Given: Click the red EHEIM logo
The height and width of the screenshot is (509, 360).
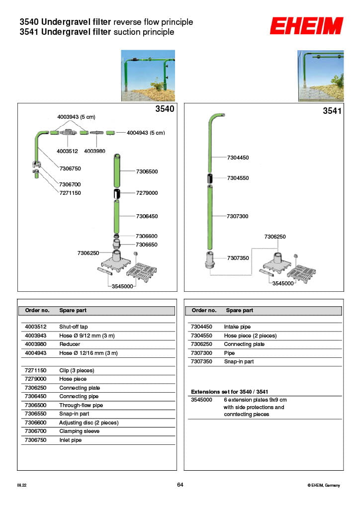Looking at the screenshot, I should pyautogui.click(x=306, y=26).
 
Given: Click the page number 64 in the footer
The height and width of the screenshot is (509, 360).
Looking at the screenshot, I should pyautogui.click(x=180, y=485).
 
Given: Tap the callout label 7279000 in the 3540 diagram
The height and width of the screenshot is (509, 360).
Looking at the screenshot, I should pyautogui.click(x=147, y=193).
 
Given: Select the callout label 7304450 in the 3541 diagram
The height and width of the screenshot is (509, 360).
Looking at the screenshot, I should pyautogui.click(x=238, y=158).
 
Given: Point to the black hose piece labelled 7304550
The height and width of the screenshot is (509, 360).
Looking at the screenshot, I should pyautogui.click(x=210, y=178).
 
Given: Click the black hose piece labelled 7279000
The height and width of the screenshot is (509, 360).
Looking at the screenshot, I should pyautogui.click(x=116, y=193).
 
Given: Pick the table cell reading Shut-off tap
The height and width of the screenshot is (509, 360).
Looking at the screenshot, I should pyautogui.click(x=73, y=327).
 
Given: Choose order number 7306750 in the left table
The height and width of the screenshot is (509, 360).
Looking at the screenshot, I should pyautogui.click(x=36, y=440).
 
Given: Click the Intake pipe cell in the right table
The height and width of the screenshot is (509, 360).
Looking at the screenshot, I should pyautogui.click(x=237, y=327).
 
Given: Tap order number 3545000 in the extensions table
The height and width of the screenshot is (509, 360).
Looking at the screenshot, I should pyautogui.click(x=202, y=400).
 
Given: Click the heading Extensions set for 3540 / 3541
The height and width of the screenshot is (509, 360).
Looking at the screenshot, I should pyautogui.click(x=229, y=392).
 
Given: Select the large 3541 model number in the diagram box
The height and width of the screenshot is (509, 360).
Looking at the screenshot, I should pyautogui.click(x=332, y=111).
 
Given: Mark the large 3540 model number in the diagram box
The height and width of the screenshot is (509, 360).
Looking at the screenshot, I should pyautogui.click(x=165, y=108).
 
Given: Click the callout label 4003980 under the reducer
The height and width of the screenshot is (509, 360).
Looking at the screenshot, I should pyautogui.click(x=94, y=151).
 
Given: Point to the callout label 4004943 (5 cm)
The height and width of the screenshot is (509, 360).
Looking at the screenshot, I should pyautogui.click(x=146, y=133).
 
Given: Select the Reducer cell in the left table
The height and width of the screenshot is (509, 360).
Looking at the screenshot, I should pyautogui.click(x=70, y=344).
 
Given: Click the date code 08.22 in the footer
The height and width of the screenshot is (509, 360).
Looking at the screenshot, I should pyautogui.click(x=21, y=486).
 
